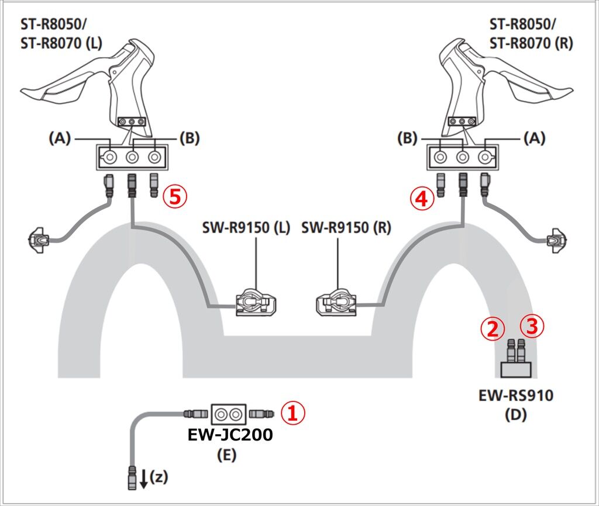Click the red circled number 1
pos(294,414)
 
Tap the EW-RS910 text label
pos(516,396)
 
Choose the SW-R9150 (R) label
pos(346,227)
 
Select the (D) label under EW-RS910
pos(515,415)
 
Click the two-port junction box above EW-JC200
pos(229,414)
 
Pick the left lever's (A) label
pos(60,138)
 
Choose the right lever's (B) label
pos(407,138)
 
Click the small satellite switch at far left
pos(39,239)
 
